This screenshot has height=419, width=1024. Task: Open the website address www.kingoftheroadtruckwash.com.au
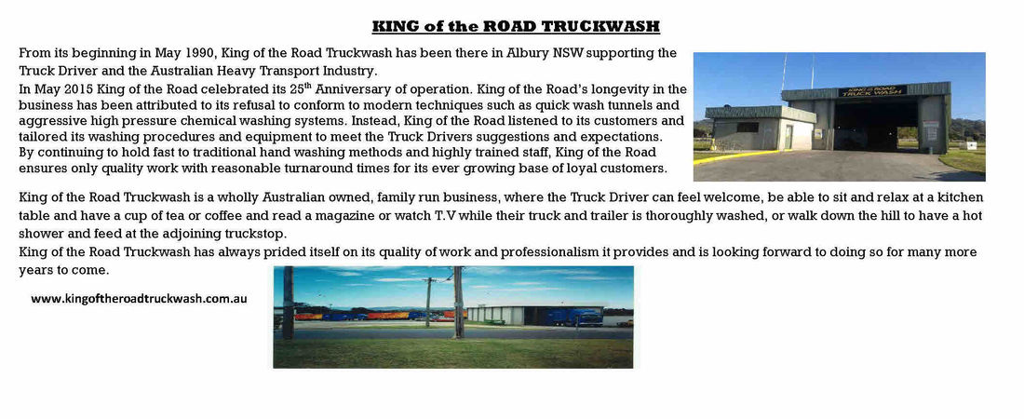coord(139,299)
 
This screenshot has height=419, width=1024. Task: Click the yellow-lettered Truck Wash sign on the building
coord(872,91)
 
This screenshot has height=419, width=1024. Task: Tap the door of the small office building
coord(788,137)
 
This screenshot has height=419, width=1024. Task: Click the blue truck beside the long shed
coord(574,317)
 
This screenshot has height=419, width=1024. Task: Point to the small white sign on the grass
coord(971,145)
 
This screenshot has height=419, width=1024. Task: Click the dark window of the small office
coord(729,128)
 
